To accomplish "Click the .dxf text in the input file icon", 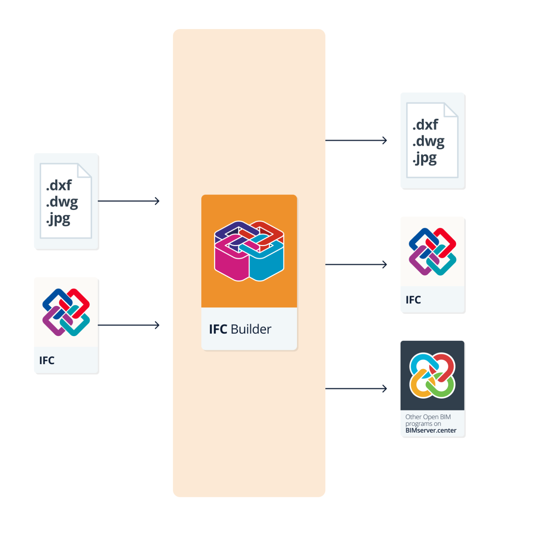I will [x=59, y=185].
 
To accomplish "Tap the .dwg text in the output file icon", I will [x=428, y=141].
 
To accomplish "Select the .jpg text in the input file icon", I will [x=58, y=218].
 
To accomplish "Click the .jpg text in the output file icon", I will [x=425, y=158].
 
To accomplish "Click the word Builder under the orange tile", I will [x=251, y=329].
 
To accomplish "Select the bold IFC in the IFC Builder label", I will [x=218, y=329].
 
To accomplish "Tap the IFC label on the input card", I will [x=47, y=360].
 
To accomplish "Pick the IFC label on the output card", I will [x=413, y=300].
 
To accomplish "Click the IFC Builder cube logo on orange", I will [x=249, y=251].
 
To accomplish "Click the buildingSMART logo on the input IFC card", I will [x=66, y=312].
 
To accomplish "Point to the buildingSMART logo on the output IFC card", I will [x=432, y=251].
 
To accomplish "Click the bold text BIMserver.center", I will [x=431, y=430].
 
